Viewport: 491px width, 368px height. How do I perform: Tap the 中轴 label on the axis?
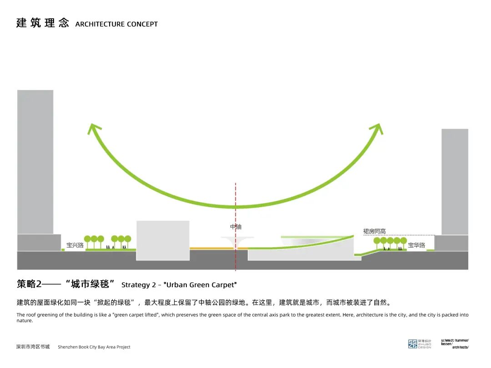[x=235, y=226]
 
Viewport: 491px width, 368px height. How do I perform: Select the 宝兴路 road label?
[x=75, y=245]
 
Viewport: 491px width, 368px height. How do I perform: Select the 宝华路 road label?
[x=416, y=245]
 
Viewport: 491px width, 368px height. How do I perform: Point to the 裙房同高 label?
[x=374, y=231]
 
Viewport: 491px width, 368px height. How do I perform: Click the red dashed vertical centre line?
[x=235, y=195]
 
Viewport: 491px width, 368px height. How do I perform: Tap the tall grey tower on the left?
[x=35, y=161]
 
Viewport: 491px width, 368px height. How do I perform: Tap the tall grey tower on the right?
[x=455, y=182]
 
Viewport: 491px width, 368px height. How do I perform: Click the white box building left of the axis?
[x=163, y=240]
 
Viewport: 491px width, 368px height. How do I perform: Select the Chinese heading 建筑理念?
[x=42, y=23]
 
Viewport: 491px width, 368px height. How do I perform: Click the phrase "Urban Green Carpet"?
[x=201, y=285]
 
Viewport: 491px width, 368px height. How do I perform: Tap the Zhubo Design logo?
[x=419, y=344]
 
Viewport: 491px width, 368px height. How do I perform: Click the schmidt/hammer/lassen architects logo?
[x=454, y=343]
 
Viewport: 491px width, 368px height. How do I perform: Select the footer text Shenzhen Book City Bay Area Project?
[x=94, y=347]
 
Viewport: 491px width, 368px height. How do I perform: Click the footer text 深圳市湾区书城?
[x=33, y=347]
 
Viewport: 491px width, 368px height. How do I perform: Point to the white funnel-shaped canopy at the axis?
[x=235, y=241]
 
